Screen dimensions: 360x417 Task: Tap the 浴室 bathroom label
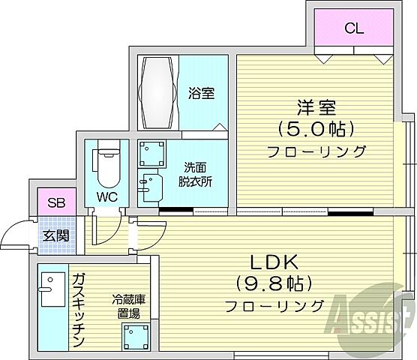[201, 94]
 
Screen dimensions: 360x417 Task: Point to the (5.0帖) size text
[316, 128]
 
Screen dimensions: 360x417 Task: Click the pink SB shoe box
[55, 202]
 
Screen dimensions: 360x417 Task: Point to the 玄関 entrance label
[56, 235]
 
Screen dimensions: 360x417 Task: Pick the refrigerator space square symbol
[138, 339]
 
